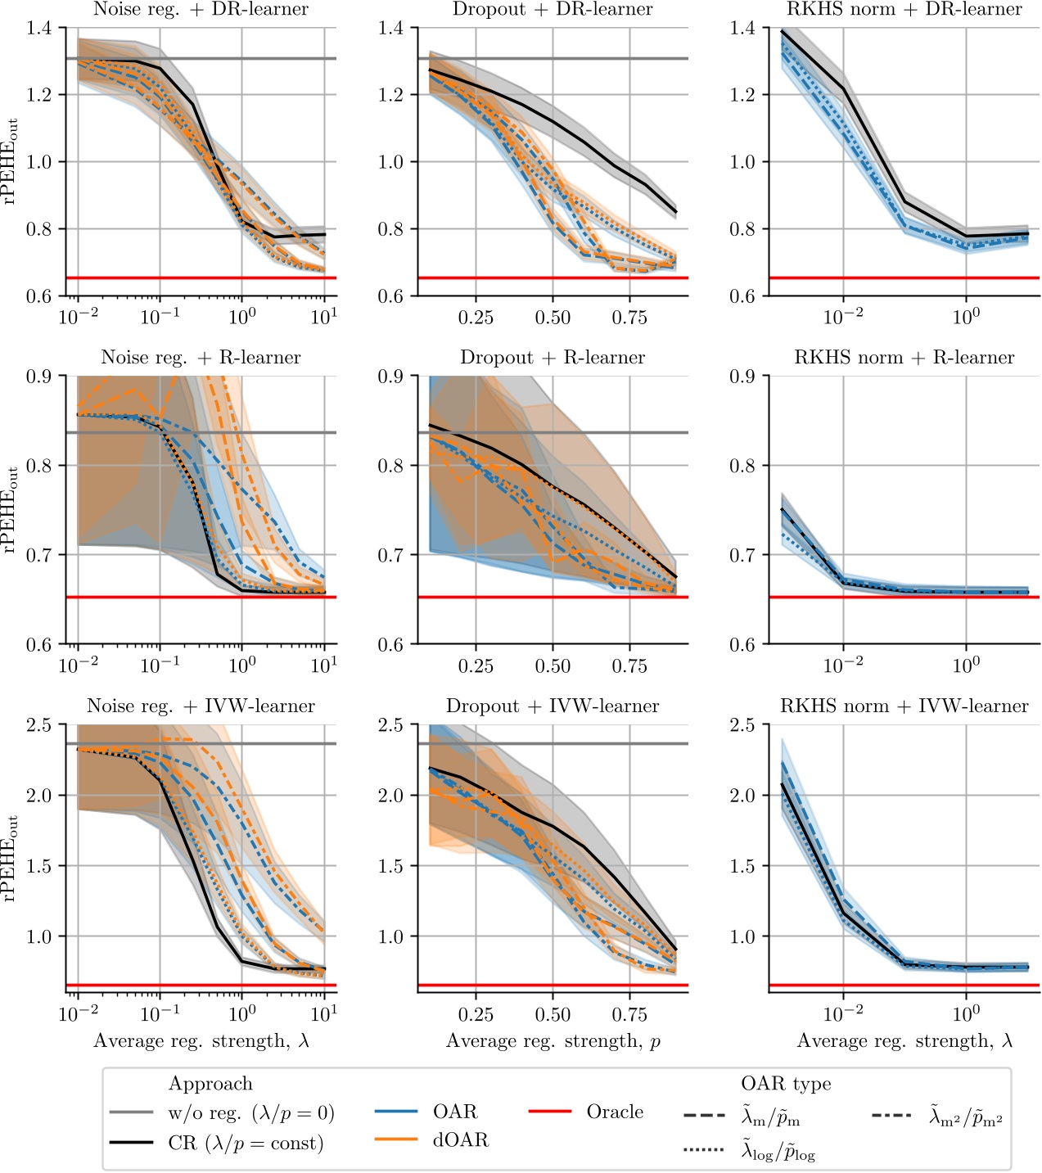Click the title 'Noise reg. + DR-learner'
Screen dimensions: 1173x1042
201,10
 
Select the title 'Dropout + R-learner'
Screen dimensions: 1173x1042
553,358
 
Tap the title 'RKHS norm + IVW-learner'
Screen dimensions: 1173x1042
904,706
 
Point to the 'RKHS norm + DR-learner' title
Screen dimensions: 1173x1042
904,10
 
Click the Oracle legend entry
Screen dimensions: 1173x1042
615,1112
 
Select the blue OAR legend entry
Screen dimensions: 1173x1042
455,1112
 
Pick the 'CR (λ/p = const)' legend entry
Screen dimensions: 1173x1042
246,1143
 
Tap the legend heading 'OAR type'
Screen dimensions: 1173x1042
786,1084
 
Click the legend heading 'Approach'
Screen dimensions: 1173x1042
210,1084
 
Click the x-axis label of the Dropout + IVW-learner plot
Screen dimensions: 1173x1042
553,1041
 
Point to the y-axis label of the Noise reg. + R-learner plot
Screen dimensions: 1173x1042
11,510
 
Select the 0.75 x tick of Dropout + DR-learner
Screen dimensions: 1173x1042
629,318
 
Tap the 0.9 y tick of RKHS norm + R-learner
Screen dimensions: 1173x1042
743,377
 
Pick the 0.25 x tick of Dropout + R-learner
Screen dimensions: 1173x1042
476,666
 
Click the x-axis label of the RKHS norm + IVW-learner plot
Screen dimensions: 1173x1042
904,1041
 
